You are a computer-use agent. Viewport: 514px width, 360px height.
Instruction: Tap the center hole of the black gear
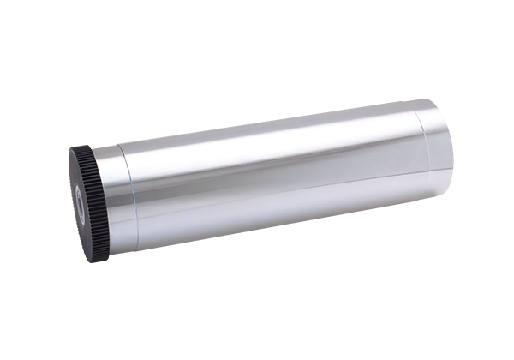(80, 207)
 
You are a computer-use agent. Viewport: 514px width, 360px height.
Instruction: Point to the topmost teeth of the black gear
(83, 148)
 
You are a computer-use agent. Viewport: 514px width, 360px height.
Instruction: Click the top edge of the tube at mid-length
(274, 124)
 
